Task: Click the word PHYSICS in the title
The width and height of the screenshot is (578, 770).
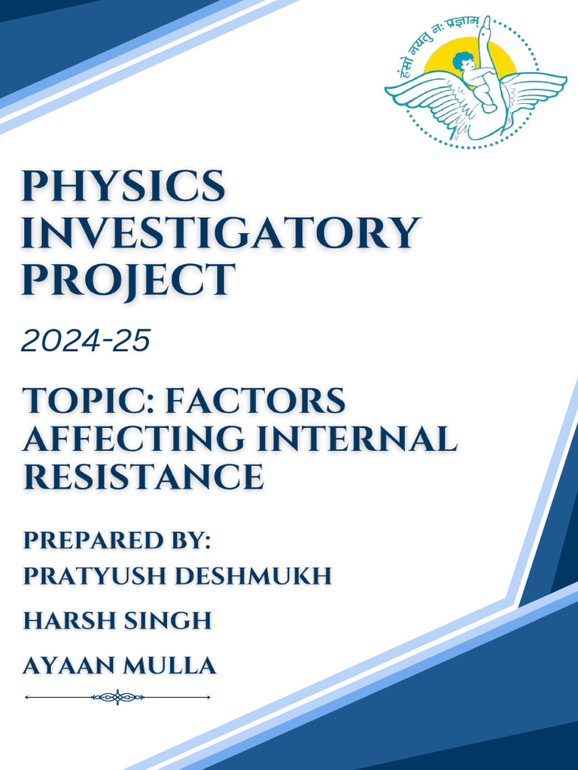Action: pos(124,186)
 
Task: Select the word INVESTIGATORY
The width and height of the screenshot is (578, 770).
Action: pos(220,233)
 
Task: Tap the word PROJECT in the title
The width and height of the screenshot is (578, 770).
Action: pos(128,280)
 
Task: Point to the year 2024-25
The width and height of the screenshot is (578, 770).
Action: pos(86,341)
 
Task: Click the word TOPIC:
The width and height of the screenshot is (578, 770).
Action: pos(87,401)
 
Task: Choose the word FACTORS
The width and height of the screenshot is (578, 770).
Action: pos(255,401)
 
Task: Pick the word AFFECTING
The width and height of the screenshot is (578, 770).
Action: pos(134,439)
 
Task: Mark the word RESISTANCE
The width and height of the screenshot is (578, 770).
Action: pos(143,477)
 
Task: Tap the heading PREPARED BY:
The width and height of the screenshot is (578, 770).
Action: pos(117,540)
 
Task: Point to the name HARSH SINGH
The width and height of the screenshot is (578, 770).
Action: pos(117,621)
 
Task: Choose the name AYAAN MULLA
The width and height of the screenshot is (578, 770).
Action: pos(120,665)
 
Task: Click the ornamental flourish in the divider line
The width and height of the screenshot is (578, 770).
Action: pos(117,697)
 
